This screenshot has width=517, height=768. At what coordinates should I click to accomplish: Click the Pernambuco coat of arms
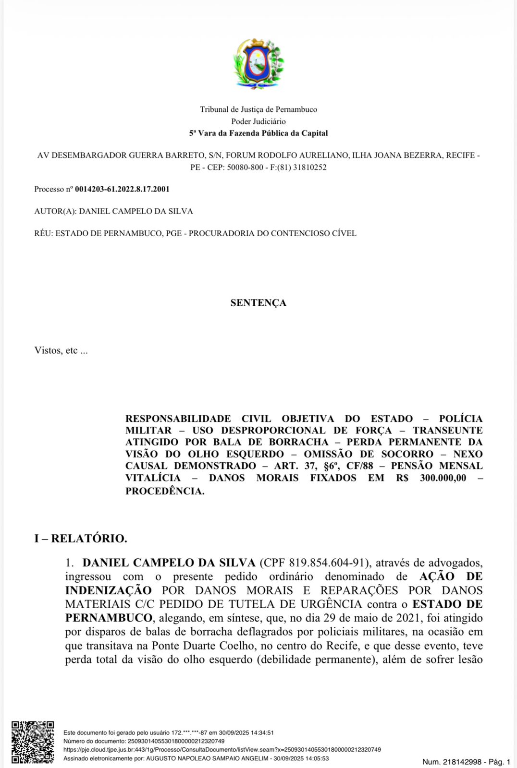point(258,64)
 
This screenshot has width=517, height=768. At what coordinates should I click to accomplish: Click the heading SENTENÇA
point(258,303)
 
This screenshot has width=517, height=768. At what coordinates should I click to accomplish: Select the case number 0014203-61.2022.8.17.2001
point(122,189)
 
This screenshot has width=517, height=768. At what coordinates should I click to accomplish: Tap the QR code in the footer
point(33,742)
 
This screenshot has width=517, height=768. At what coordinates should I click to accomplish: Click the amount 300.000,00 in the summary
point(443,478)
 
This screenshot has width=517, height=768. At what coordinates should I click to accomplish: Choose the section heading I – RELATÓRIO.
point(81,539)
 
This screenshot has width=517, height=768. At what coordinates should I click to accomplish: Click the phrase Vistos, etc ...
point(61,350)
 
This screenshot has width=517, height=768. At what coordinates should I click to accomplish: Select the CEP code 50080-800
point(245,168)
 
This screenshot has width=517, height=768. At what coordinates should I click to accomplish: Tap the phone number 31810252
point(309,168)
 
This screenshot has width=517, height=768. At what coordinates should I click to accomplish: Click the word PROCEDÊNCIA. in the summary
point(165,491)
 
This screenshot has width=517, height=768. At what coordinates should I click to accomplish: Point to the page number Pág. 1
point(500,762)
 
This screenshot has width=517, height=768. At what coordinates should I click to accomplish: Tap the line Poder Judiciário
point(258,121)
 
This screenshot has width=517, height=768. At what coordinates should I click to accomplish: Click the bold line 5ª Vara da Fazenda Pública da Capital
point(258,133)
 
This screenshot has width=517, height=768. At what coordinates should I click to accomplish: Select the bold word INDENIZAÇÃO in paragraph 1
point(108,590)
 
